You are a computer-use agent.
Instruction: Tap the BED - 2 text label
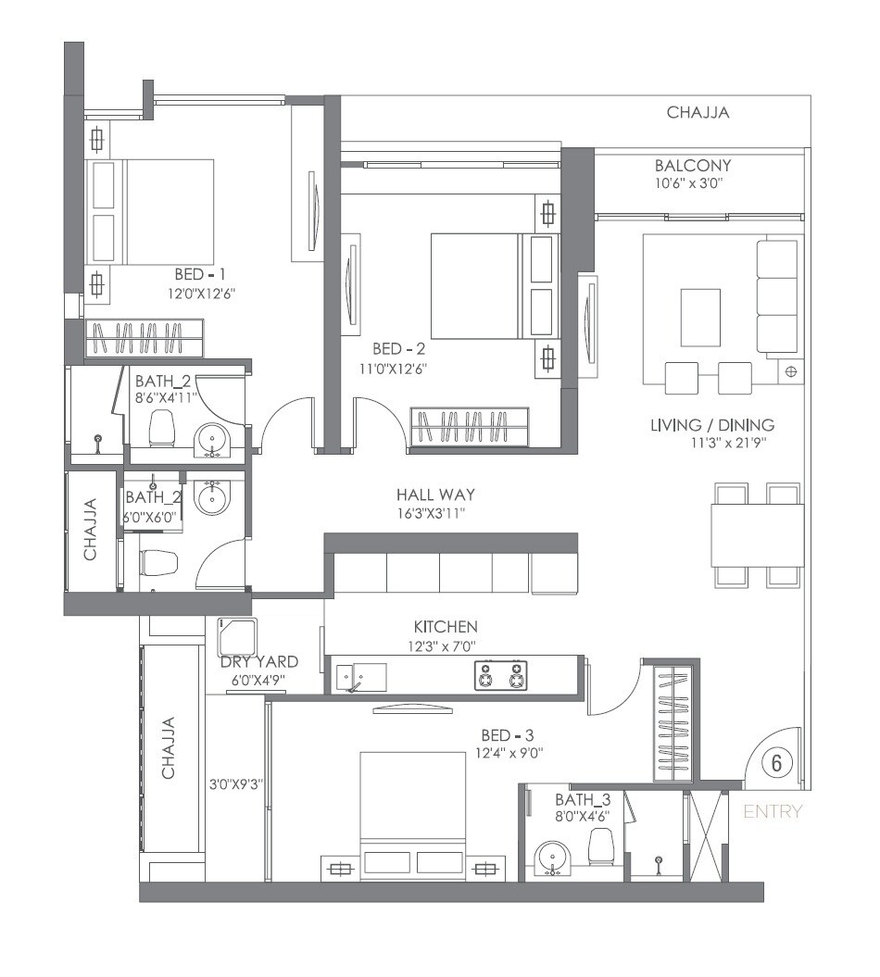click(x=398, y=349)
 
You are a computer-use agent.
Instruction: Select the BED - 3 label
click(x=509, y=735)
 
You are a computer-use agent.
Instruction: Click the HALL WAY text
click(x=435, y=495)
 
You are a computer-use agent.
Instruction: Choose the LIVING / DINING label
click(x=711, y=425)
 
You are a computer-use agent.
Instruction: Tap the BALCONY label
click(x=692, y=166)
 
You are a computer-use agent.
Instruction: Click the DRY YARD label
click(x=258, y=661)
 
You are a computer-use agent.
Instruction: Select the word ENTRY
click(x=773, y=812)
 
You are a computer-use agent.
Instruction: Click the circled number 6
click(x=776, y=763)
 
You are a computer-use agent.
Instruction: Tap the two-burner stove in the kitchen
click(x=500, y=675)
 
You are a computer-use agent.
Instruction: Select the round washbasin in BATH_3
click(x=553, y=857)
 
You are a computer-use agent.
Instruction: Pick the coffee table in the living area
click(x=699, y=317)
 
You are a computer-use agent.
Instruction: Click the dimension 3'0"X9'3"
click(x=236, y=783)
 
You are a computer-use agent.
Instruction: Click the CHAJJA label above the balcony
click(x=698, y=113)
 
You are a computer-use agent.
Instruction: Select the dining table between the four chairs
click(x=758, y=533)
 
